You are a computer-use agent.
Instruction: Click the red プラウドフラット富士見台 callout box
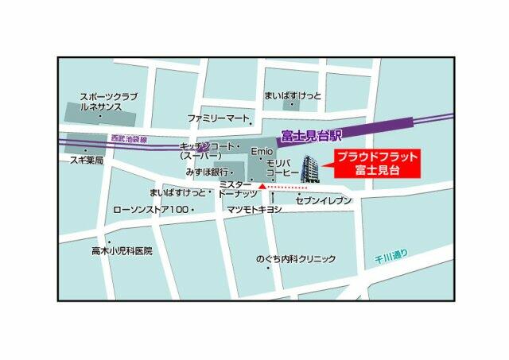[x=376, y=163]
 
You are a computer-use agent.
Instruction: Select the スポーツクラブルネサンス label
[x=108, y=103]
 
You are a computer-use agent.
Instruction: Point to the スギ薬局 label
[x=87, y=159]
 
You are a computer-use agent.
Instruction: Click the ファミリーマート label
[x=219, y=118]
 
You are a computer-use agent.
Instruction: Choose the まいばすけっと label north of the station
[x=293, y=96]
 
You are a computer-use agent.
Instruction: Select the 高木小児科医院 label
[x=121, y=250]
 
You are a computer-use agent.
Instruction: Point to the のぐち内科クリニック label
[x=295, y=259]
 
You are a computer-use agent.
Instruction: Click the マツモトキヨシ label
[x=254, y=209]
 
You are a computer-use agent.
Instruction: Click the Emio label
[x=262, y=151]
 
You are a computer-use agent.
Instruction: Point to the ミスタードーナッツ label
[x=238, y=188]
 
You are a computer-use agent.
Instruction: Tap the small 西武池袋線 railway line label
[x=129, y=138]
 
